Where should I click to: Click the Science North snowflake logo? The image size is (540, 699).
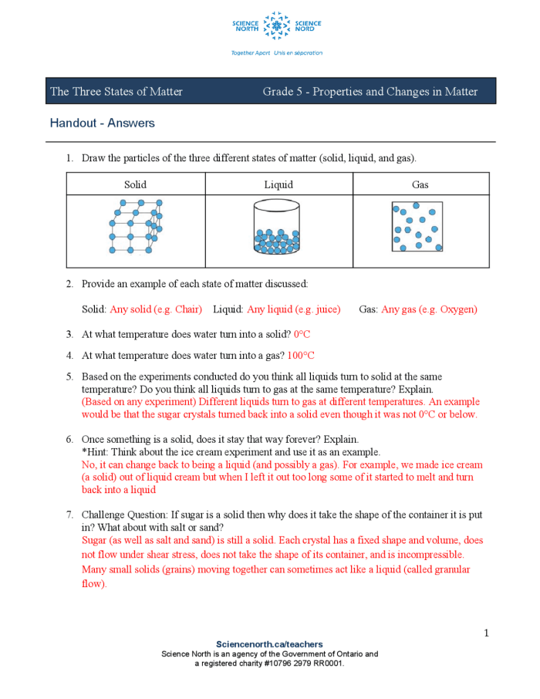pyautogui.click(x=276, y=27)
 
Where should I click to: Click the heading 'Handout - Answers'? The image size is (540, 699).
pyautogui.click(x=102, y=123)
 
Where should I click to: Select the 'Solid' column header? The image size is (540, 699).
pyautogui.click(x=135, y=184)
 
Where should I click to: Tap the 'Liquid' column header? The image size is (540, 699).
pyautogui.click(x=278, y=184)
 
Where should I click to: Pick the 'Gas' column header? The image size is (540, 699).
pyautogui.click(x=420, y=184)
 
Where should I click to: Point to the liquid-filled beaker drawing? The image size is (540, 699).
pyautogui.click(x=278, y=229)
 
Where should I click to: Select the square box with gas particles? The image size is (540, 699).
pyautogui.click(x=417, y=227)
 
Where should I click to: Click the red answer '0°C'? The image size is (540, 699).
pyautogui.click(x=302, y=335)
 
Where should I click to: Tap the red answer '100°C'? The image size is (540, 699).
pyautogui.click(x=301, y=356)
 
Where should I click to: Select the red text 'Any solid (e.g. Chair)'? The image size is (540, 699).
pyautogui.click(x=156, y=309)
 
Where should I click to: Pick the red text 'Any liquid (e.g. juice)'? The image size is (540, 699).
pyautogui.click(x=293, y=309)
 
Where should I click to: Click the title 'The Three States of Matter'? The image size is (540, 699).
pyautogui.click(x=116, y=92)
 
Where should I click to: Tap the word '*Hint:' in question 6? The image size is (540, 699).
pyautogui.click(x=95, y=452)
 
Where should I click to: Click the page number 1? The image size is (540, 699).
pyautogui.click(x=487, y=633)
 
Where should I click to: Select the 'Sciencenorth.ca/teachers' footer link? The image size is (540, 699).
pyautogui.click(x=269, y=644)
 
